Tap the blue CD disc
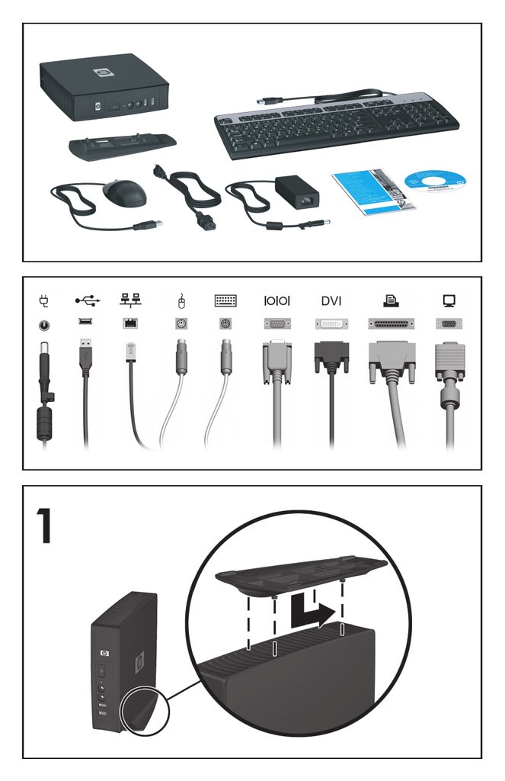(x=435, y=185)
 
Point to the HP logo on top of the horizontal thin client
(x=102, y=73)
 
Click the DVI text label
(x=331, y=301)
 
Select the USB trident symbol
(x=86, y=301)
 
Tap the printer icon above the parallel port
(x=391, y=301)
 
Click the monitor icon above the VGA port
(x=449, y=301)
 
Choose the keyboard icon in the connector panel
(x=225, y=301)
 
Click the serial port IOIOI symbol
(x=277, y=301)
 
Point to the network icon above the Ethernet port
(x=129, y=301)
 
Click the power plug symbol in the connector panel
(x=43, y=301)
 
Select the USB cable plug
(x=86, y=355)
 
